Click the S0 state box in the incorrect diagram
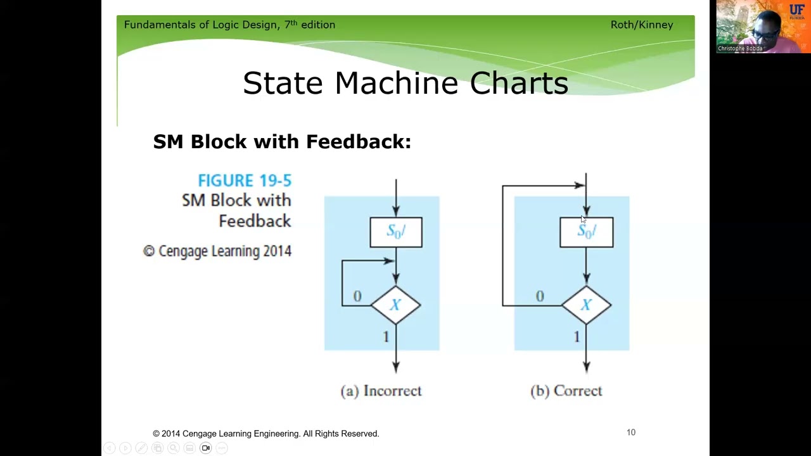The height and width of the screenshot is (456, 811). [396, 232]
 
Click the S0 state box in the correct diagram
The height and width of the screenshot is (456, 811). [586, 232]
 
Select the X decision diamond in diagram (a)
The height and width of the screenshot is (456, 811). [395, 305]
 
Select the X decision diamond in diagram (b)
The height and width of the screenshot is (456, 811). [586, 305]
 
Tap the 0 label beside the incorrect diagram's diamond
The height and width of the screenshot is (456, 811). [357, 296]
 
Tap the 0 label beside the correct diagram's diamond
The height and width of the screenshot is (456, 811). [540, 296]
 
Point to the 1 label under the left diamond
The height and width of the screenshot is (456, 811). [386, 337]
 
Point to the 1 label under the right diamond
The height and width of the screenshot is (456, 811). [577, 337]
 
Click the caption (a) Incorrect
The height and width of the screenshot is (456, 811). [381, 391]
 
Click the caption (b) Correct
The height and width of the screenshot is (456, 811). [566, 391]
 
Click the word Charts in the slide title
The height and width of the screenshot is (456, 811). [518, 83]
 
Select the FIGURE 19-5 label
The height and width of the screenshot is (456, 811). [244, 180]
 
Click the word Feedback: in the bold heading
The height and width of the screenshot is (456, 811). [358, 141]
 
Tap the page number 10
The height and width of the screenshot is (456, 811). [630, 433]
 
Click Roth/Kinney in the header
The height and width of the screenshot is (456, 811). [641, 25]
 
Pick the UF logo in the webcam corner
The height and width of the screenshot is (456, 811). [796, 11]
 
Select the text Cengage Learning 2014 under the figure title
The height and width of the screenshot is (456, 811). [224, 251]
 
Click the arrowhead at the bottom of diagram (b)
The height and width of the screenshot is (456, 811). [586, 366]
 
